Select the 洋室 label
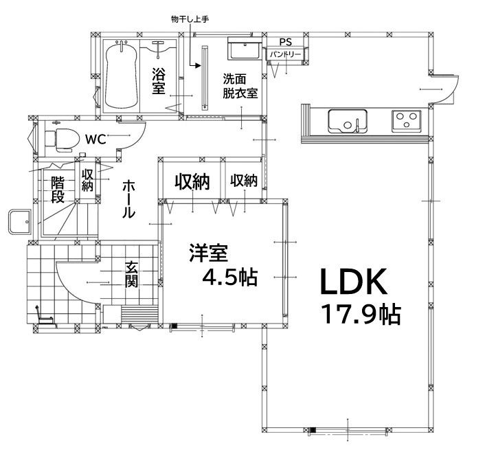tap(208, 253)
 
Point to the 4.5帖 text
tap(229, 277)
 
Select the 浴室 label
tap(159, 81)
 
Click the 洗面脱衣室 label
tap(240, 87)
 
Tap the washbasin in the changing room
tap(244, 49)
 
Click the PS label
tap(285, 42)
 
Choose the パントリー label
tap(284, 53)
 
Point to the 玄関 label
tap(132, 274)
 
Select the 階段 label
tap(58, 189)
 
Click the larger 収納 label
tap(191, 182)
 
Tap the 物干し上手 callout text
tap(190, 19)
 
